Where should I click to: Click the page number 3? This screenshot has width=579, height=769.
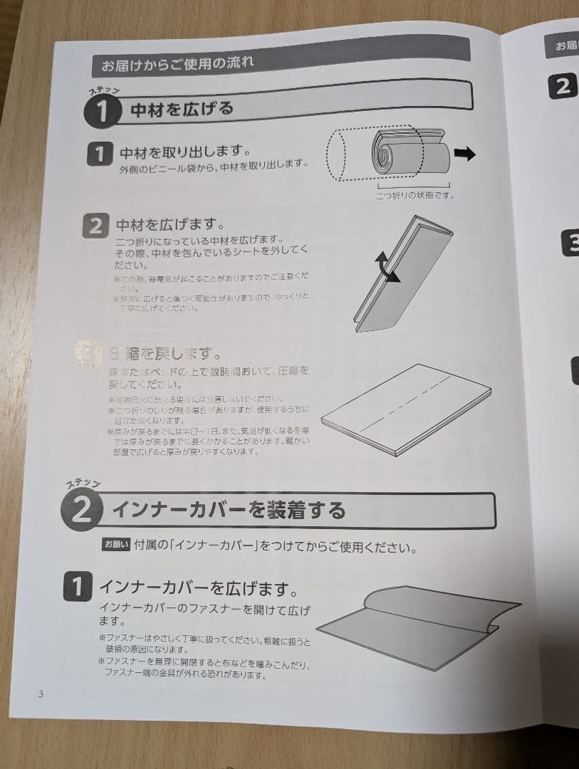pyautogui.click(x=41, y=694)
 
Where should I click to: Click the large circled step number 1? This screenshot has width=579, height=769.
pyautogui.click(x=101, y=111)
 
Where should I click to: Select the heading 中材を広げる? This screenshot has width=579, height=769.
pyautogui.click(x=182, y=109)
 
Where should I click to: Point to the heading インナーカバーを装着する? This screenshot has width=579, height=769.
pyautogui.click(x=229, y=510)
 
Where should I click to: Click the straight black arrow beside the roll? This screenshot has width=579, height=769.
pyautogui.click(x=464, y=155)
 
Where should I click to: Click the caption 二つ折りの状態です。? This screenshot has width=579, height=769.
pyautogui.click(x=414, y=195)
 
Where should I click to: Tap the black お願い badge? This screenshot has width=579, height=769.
pyautogui.click(x=116, y=545)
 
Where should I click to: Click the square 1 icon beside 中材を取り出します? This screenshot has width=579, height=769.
pyautogui.click(x=100, y=154)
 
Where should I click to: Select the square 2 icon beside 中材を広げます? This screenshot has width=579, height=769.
pyautogui.click(x=95, y=226)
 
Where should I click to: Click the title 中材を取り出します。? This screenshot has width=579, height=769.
pyautogui.click(x=184, y=152)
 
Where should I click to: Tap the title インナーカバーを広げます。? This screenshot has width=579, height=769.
pyautogui.click(x=197, y=588)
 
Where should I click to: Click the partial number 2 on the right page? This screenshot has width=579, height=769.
pyautogui.click(x=562, y=87)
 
